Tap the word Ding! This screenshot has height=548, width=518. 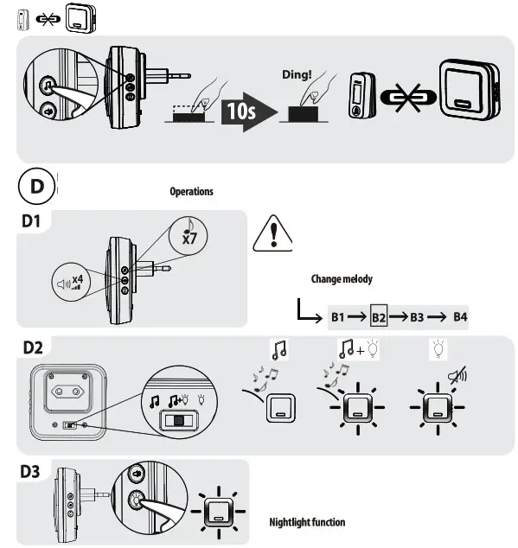pyautogui.click(x=297, y=75)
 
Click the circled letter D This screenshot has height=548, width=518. pyautogui.click(x=35, y=187)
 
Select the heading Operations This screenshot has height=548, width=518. pyautogui.click(x=191, y=191)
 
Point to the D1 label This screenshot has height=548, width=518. pyautogui.click(x=31, y=222)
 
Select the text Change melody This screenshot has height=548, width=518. pyautogui.click(x=342, y=279)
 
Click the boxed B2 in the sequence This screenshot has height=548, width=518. pyautogui.click(x=379, y=317)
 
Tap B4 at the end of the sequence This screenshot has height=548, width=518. pyautogui.click(x=459, y=317)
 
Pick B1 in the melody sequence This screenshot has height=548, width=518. pyautogui.click(x=340, y=317)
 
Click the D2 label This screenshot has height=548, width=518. pyautogui.click(x=33, y=347)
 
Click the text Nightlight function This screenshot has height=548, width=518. pyautogui.click(x=307, y=522)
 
